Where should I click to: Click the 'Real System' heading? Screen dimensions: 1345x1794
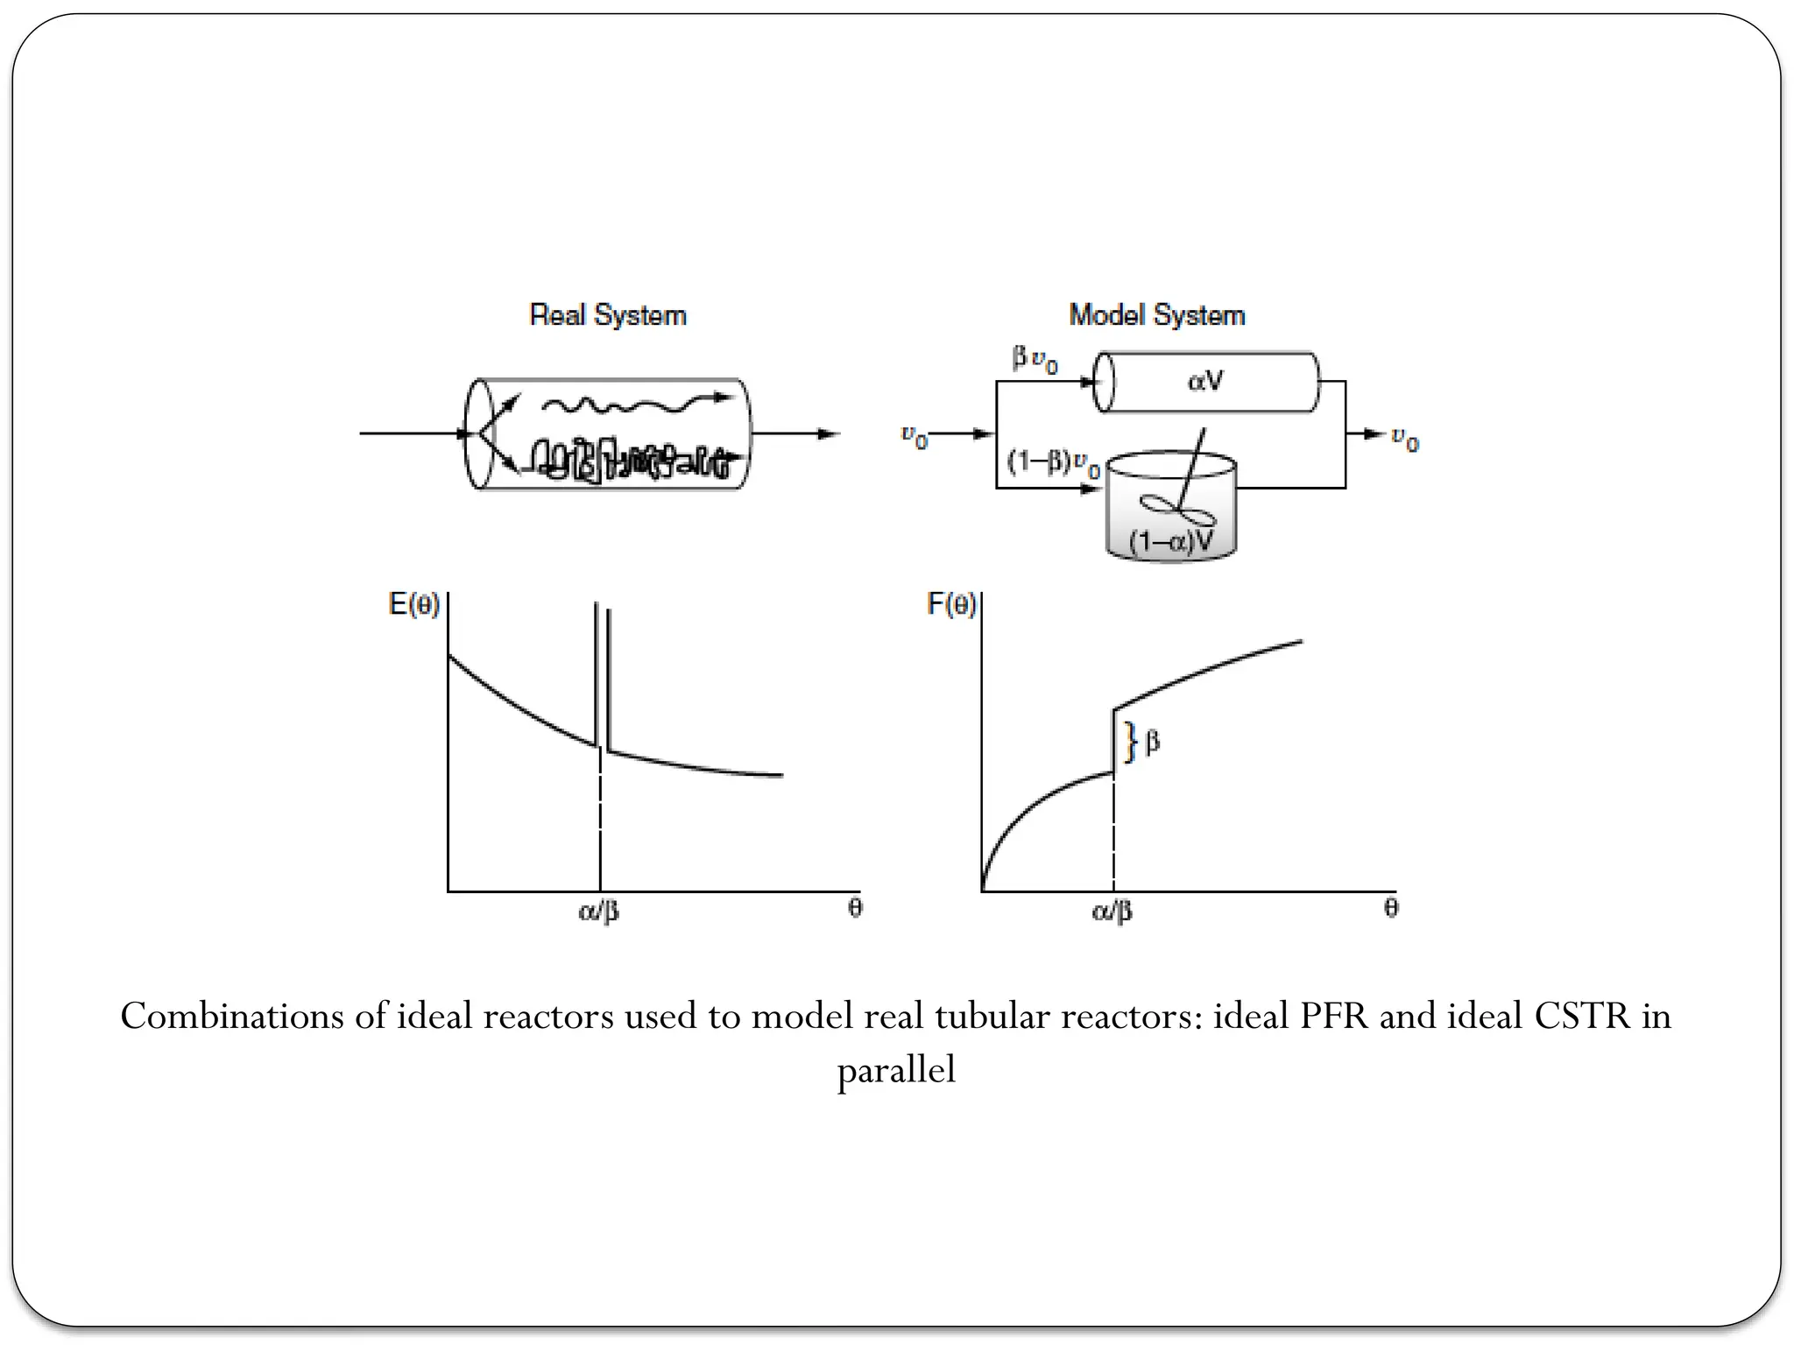pyautogui.click(x=608, y=315)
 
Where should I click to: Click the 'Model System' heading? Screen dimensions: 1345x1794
pyautogui.click(x=1156, y=315)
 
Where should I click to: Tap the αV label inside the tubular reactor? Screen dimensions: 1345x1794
pyautogui.click(x=1205, y=381)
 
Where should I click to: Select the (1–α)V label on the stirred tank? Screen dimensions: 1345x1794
pyautogui.click(x=1171, y=541)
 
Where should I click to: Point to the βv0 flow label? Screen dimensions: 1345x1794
pyautogui.click(x=1035, y=360)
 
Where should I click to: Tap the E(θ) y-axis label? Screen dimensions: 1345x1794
pyautogui.click(x=414, y=604)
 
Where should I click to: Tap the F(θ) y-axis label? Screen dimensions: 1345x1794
pyautogui.click(x=951, y=604)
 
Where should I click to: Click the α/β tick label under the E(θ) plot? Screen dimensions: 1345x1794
pyautogui.click(x=599, y=912)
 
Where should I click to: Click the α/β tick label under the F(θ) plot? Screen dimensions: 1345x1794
pyautogui.click(x=1112, y=912)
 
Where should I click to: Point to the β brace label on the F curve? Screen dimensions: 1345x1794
pyautogui.click(x=1152, y=743)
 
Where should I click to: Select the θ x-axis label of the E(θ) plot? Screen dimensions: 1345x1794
pyautogui.click(x=855, y=908)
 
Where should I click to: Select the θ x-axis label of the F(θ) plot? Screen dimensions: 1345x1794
pyautogui.click(x=1391, y=908)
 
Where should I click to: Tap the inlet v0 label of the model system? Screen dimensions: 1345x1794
pyautogui.click(x=915, y=436)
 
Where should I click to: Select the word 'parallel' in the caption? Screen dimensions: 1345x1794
pyautogui.click(x=896, y=1070)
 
